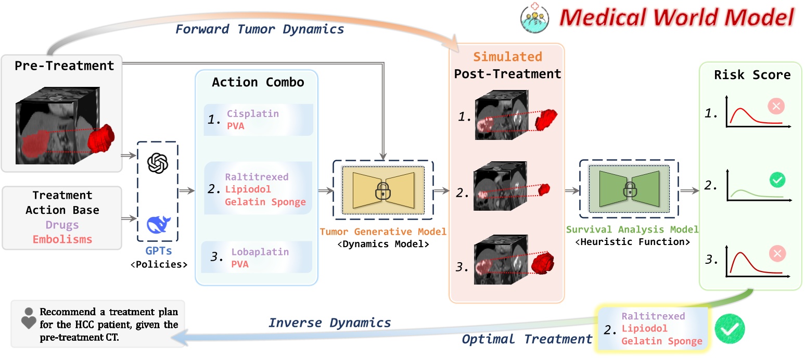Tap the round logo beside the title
click(x=535, y=17)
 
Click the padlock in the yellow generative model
click(x=382, y=192)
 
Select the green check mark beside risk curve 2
click(x=777, y=181)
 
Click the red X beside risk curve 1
click(x=776, y=107)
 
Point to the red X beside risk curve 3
click(x=777, y=254)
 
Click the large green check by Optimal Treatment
click(x=730, y=328)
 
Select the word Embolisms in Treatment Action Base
click(x=62, y=239)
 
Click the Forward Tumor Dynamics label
click(x=260, y=29)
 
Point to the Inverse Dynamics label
click(x=329, y=323)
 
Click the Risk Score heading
click(x=752, y=74)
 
